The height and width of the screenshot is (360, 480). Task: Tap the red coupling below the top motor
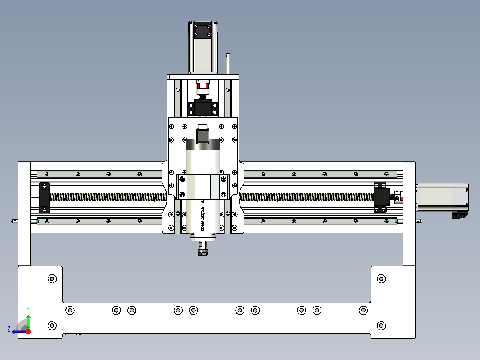[203, 86]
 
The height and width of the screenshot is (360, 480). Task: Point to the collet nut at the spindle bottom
[203, 252]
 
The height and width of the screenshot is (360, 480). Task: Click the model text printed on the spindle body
[203, 221]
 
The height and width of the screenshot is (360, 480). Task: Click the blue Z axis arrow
[18, 331]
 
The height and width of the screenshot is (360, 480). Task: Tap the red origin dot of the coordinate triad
[28, 331]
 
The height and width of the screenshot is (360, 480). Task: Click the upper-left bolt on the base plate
[52, 279]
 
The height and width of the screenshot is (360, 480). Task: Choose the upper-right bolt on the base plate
[381, 279]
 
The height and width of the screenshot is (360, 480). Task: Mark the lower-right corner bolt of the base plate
[381, 326]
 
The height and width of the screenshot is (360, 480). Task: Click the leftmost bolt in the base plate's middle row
[69, 310]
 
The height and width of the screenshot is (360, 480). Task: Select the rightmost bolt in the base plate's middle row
[363, 310]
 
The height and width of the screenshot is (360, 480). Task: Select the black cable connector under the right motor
[458, 216]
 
